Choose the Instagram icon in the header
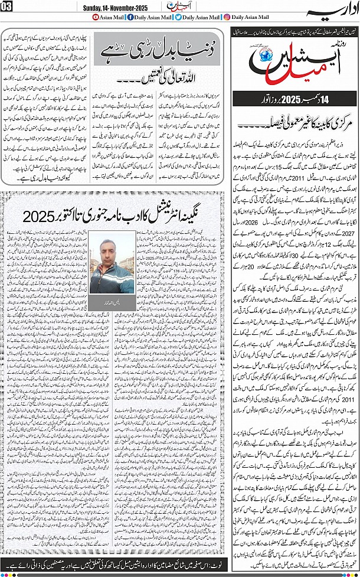pos(227,18)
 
